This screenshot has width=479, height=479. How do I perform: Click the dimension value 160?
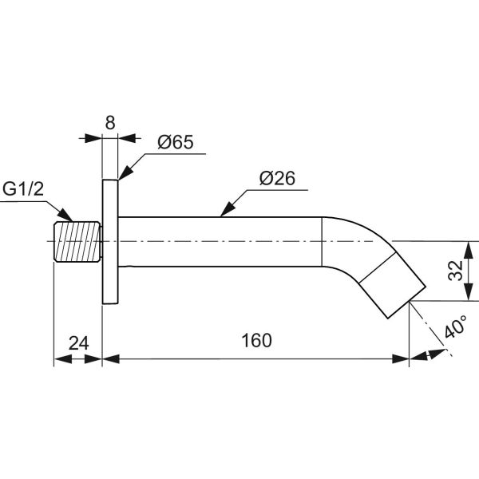255,340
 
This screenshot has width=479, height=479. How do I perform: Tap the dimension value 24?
77,343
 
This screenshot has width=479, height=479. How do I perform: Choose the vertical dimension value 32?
453,270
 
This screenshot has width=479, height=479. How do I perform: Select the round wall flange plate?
110,241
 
